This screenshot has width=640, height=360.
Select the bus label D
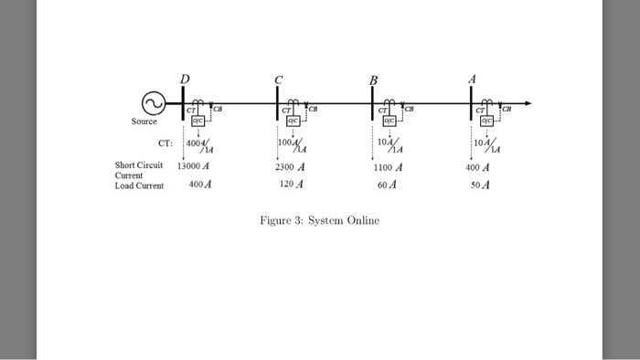(x=185, y=79)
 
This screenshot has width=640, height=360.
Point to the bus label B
(x=373, y=80)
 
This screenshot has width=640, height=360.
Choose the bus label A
(x=472, y=79)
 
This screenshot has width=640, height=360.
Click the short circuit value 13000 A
(x=193, y=167)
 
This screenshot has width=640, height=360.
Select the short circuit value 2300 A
(x=290, y=167)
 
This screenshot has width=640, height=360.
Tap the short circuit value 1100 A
(x=389, y=167)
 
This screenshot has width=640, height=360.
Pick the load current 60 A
(x=388, y=184)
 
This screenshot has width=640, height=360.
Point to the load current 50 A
(x=479, y=184)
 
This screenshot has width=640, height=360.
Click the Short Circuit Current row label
(x=138, y=170)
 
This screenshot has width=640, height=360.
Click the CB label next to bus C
(x=314, y=110)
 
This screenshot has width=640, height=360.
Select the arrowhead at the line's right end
(x=528, y=102)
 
